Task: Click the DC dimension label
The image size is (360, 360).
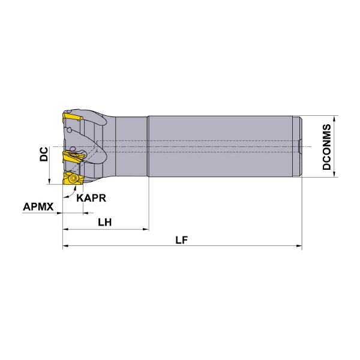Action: click(44, 154)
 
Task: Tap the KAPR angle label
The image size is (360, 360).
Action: click(91, 198)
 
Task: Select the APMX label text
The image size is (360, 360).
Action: click(38, 206)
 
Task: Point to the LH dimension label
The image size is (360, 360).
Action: click(104, 222)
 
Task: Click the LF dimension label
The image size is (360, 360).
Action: click(181, 240)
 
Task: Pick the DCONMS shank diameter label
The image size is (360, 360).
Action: click(327, 147)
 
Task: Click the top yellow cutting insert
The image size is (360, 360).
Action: click(72, 117)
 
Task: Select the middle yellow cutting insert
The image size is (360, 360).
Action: click(73, 156)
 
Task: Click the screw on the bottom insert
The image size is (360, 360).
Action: click(74, 178)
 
